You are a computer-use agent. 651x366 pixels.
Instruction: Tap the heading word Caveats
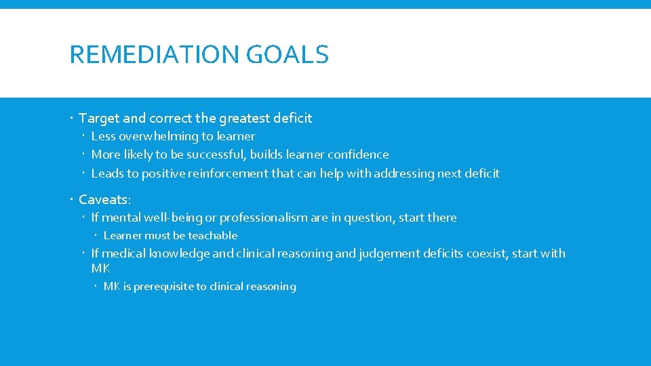tap(104, 200)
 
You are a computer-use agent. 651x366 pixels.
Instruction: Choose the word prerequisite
tap(163, 287)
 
